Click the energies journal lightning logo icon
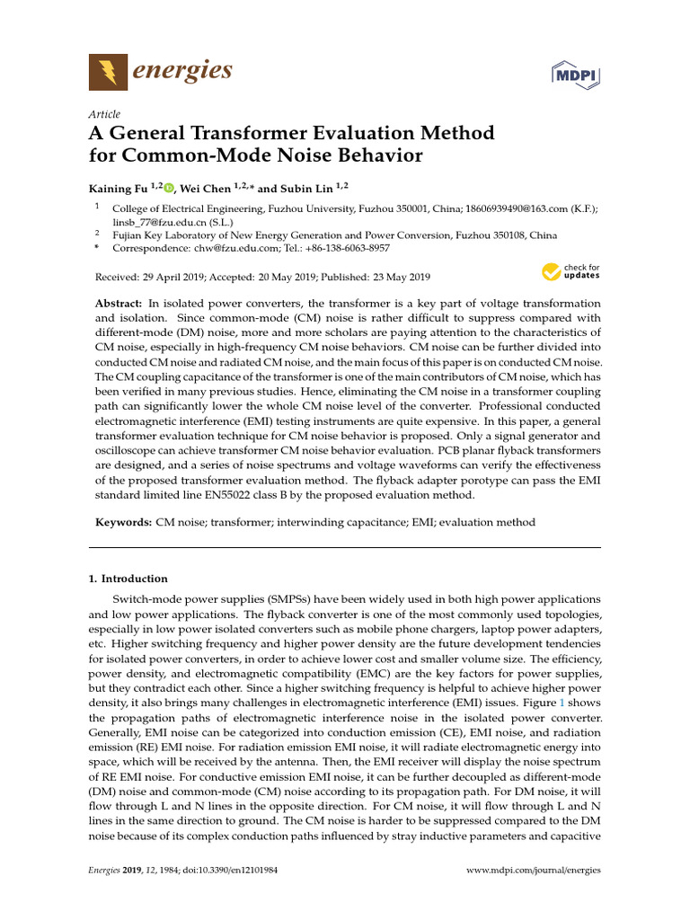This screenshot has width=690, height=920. point(108,71)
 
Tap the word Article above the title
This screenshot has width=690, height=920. point(104,114)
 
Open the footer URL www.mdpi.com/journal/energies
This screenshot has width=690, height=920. point(535,870)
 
